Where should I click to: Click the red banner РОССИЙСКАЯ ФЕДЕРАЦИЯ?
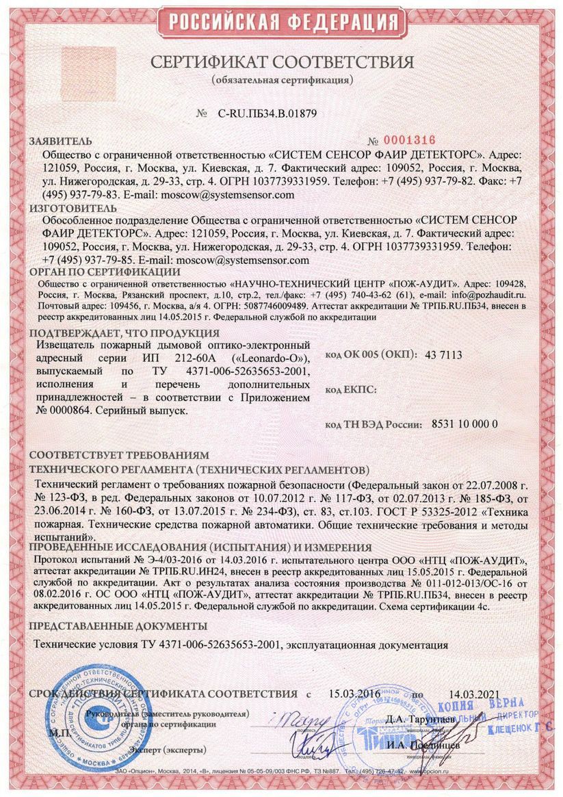click(280, 22)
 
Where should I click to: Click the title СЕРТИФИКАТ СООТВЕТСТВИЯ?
click(282, 62)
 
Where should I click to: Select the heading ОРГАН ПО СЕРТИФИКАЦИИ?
click(105, 272)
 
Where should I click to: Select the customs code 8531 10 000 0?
click(465, 424)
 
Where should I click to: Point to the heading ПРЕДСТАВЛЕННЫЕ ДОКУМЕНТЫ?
click(118, 626)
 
